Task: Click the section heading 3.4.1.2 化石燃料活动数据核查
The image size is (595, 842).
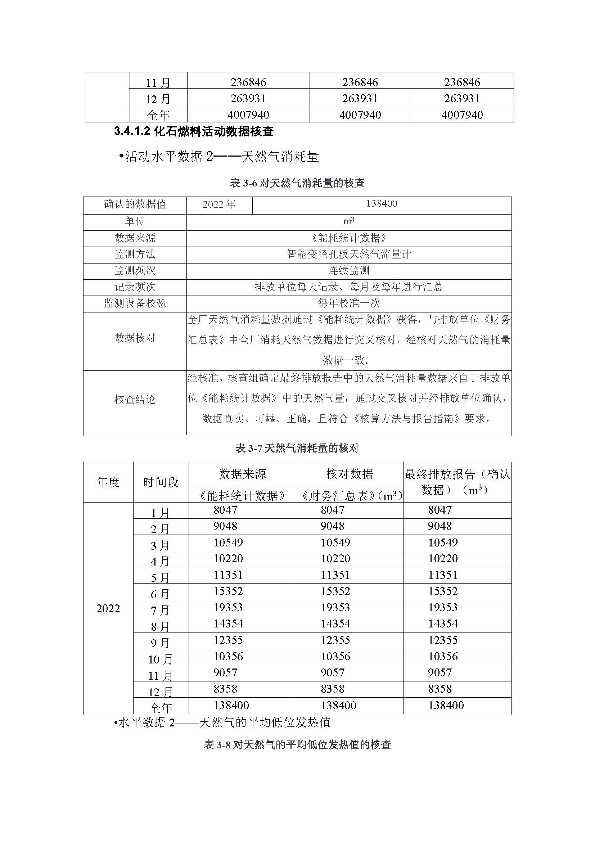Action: tap(194, 131)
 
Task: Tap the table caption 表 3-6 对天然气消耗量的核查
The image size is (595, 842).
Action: tap(297, 183)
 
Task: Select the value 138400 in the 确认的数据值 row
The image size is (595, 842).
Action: tap(381, 203)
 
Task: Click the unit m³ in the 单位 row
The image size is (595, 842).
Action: tap(348, 221)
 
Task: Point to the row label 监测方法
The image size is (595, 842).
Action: tap(135, 254)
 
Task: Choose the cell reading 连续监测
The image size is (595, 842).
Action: tap(348, 271)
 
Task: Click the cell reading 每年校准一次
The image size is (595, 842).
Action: tap(348, 303)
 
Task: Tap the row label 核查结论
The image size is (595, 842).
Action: tap(135, 400)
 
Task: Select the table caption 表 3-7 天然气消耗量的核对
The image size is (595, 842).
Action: tap(297, 448)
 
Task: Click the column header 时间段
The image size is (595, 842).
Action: tap(161, 482)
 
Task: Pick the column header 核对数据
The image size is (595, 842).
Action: tap(350, 474)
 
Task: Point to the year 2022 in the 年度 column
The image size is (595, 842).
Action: tap(108, 609)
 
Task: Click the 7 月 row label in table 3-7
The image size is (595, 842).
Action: tap(161, 610)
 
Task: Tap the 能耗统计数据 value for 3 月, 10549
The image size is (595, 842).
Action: tap(228, 542)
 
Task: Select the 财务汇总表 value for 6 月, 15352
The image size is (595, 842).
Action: tap(335, 591)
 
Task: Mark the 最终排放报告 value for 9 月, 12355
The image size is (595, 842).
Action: tap(443, 640)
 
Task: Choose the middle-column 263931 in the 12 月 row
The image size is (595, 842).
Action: tap(360, 98)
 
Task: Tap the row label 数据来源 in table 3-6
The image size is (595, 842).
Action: tap(135, 238)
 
